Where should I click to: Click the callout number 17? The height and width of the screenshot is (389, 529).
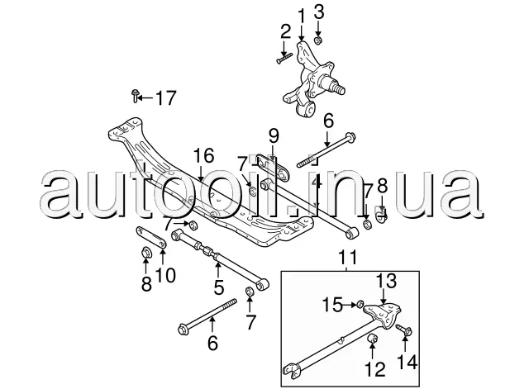[x=166, y=98]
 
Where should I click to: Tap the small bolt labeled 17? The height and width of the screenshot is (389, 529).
[x=136, y=96]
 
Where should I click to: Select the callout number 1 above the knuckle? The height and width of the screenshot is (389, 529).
[x=301, y=17]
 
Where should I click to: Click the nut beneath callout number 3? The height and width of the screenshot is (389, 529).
[x=317, y=40]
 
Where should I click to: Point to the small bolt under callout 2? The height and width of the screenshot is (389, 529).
[x=284, y=58]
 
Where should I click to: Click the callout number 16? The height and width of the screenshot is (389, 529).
[x=204, y=155]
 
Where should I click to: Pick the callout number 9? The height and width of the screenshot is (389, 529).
[x=274, y=136]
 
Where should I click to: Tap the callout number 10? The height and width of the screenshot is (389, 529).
[x=165, y=275]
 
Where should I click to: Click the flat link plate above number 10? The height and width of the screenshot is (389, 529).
[x=150, y=237]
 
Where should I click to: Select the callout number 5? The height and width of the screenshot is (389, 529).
[x=219, y=287]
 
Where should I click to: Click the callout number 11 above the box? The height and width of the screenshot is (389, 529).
[x=348, y=258]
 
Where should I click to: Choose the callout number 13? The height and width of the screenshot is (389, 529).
[x=386, y=281]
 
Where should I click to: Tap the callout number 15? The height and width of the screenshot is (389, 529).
[x=332, y=305]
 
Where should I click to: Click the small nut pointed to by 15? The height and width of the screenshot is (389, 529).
[x=360, y=305]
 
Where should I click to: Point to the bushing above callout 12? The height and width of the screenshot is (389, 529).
[x=373, y=338]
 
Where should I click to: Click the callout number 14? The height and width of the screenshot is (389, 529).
[x=407, y=363]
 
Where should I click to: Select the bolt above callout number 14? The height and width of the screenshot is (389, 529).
[x=404, y=330]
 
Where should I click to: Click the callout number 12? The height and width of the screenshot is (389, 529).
[x=374, y=369]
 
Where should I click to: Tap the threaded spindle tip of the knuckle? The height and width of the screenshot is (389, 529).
[x=338, y=88]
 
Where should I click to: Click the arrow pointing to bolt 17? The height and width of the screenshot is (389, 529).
[x=145, y=98]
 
